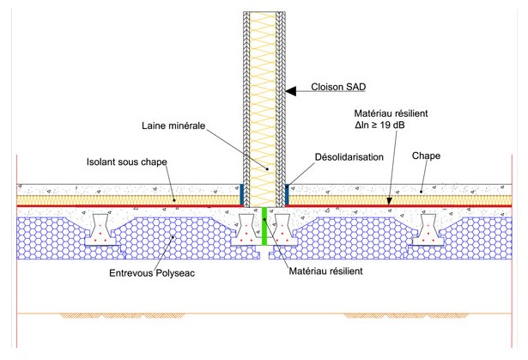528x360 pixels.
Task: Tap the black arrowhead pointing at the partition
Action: point(291,88)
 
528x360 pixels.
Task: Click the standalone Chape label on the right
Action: point(427,158)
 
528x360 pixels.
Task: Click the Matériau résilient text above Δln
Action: point(391,113)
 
